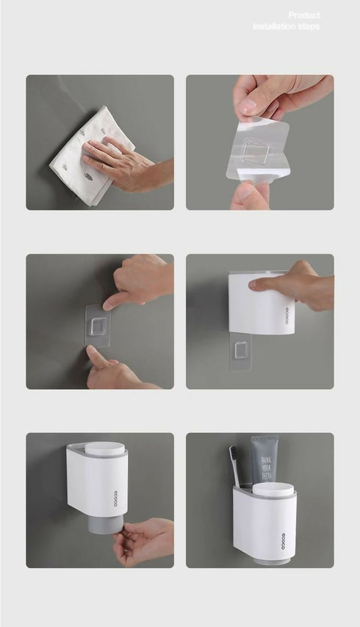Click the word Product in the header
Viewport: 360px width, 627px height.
303,15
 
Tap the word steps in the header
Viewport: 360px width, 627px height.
309,26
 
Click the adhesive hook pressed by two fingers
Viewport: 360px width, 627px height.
98,325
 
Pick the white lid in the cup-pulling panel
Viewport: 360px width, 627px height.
104,449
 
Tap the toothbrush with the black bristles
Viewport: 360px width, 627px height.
239,465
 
